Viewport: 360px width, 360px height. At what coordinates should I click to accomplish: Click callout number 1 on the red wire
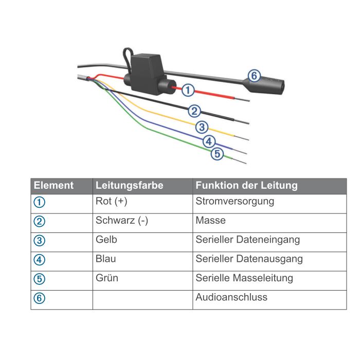coord(188,90)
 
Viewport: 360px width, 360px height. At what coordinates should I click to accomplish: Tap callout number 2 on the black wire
coord(194,110)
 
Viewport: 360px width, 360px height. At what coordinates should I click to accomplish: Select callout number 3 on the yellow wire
coord(202,127)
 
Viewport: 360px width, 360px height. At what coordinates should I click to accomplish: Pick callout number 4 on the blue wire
coord(208,140)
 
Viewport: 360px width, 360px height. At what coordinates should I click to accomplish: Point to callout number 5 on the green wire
coord(217,153)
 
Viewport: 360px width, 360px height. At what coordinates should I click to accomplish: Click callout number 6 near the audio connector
coord(253,76)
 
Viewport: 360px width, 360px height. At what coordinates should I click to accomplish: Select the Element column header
coord(53,186)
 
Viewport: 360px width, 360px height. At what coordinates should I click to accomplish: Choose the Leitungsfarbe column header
coord(129,186)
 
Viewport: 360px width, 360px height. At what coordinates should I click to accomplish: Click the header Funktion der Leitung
coord(246,186)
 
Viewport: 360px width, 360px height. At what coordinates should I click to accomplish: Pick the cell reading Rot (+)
coord(111,202)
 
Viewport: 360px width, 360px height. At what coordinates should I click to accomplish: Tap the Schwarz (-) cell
coord(121,221)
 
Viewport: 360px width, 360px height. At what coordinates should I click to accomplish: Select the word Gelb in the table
coord(106,240)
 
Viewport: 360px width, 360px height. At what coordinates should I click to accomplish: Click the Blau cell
coord(105,259)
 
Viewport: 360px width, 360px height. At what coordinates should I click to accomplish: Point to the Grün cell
coord(106,278)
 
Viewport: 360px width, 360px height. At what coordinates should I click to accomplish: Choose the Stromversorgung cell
coord(235,202)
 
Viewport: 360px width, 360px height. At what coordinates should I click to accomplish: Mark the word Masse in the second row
coord(210,221)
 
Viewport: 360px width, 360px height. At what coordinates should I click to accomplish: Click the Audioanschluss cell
coord(231,297)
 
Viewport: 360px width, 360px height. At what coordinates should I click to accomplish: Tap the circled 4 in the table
coord(40,260)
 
